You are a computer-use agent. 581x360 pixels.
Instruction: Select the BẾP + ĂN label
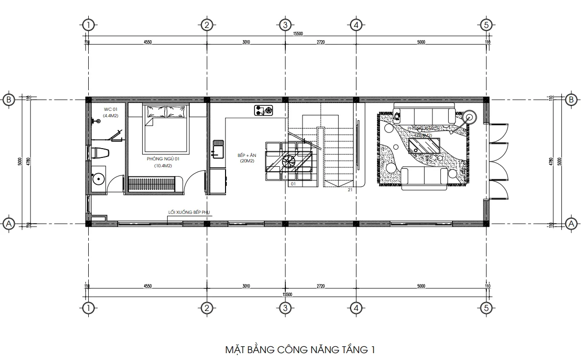pyautogui.click(x=247, y=155)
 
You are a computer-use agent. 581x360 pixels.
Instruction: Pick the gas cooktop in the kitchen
pyautogui.click(x=264, y=111)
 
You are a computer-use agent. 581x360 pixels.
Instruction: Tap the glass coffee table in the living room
pyautogui.click(x=425, y=145)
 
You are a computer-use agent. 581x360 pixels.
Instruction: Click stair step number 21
pyautogui.click(x=350, y=189)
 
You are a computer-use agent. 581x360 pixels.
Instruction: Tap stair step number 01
pyautogui.click(x=293, y=184)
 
